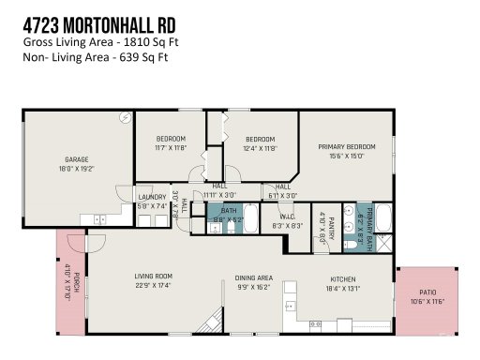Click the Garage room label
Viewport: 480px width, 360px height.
(x=76, y=159)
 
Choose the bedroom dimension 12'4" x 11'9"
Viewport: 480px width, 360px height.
(x=260, y=148)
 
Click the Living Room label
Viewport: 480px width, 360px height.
(x=154, y=277)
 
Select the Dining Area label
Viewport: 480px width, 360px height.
(x=253, y=278)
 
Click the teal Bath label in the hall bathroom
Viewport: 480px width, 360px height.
(x=229, y=212)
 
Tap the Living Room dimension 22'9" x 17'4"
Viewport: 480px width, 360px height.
(x=154, y=286)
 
